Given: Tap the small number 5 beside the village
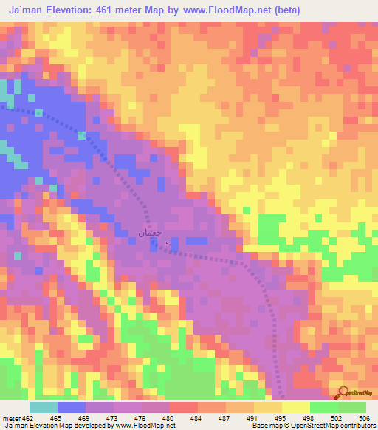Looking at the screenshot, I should click(x=167, y=244).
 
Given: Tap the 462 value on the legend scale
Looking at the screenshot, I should click(x=27, y=417).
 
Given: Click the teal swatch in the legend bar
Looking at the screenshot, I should click(x=44, y=407).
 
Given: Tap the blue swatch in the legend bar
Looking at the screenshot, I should click(x=72, y=407).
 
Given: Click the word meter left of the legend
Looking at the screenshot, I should click(x=10, y=417).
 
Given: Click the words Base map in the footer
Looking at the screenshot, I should click(x=263, y=426).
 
